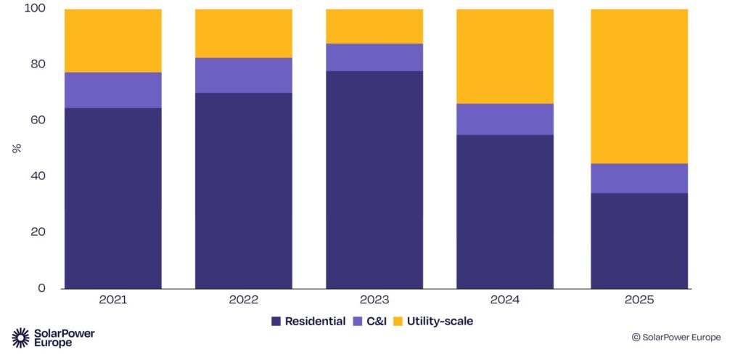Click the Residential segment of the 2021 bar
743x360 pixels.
(x=112, y=198)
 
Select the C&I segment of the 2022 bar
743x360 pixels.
(x=243, y=75)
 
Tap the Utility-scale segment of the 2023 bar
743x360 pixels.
(x=374, y=26)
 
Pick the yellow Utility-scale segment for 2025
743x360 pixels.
(x=639, y=86)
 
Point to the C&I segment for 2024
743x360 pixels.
(x=504, y=119)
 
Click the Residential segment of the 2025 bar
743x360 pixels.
(x=639, y=240)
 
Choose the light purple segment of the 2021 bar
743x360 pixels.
(x=112, y=90)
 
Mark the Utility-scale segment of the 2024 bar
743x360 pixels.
(x=504, y=56)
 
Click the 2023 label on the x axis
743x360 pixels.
(x=374, y=300)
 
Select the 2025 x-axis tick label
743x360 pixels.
(x=639, y=300)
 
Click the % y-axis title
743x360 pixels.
(x=15, y=148)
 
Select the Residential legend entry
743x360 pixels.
(x=308, y=321)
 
